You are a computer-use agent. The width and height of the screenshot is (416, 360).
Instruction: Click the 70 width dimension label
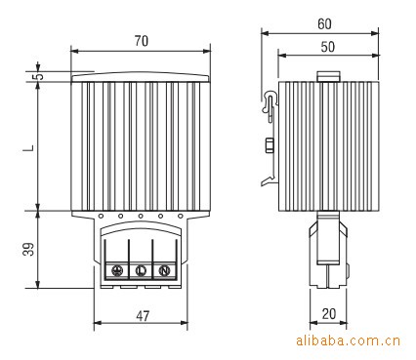pyautogui.click(x=142, y=41)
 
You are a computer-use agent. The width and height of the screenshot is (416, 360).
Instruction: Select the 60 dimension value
pyautogui.click(x=324, y=24)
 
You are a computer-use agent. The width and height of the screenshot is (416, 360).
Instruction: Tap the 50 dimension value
pyautogui.click(x=327, y=47)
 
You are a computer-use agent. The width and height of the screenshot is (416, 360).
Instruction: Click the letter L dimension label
pyautogui.click(x=29, y=148)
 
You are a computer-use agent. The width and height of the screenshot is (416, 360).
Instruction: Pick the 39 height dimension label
pyautogui.click(x=28, y=249)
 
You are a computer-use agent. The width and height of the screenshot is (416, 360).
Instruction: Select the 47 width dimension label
pyautogui.click(x=143, y=316)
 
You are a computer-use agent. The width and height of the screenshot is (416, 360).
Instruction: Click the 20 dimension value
pyautogui.click(x=329, y=314)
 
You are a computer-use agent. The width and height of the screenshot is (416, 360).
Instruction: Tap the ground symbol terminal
pyautogui.click(x=116, y=270)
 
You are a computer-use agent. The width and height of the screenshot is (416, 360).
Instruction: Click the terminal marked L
pyautogui.click(x=141, y=270)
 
